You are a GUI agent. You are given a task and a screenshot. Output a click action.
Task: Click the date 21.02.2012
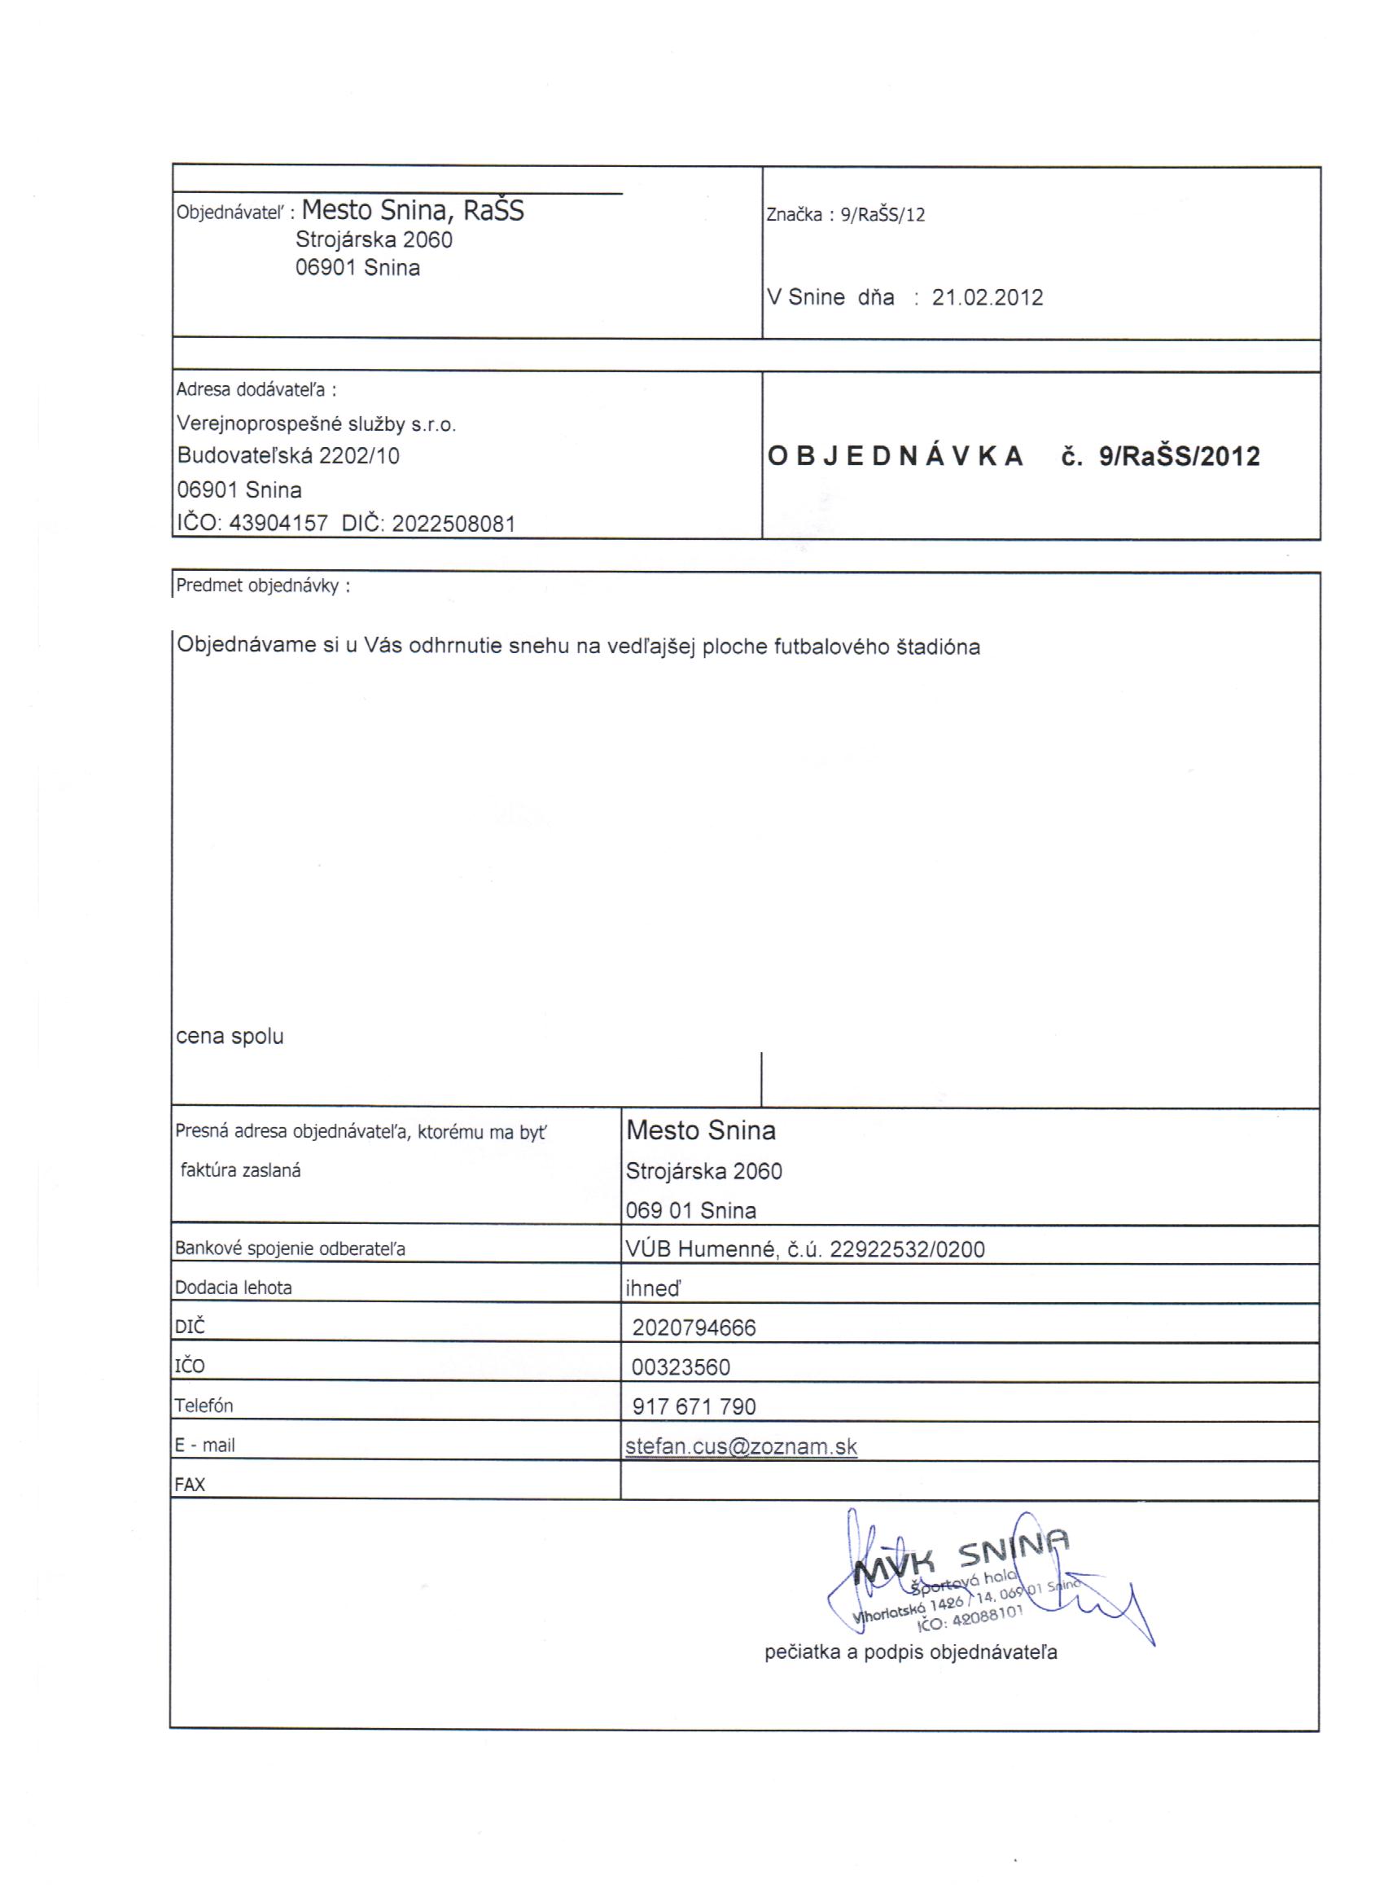tap(987, 298)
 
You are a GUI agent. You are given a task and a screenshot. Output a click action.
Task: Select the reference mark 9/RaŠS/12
tap(883, 215)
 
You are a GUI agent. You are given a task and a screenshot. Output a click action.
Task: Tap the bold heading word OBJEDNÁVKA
tap(896, 456)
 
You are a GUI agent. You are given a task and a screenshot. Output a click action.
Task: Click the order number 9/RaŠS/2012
tap(1179, 457)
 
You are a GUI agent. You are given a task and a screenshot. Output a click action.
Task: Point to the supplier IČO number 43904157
tap(278, 524)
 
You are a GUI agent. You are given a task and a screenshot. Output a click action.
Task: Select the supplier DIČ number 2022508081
tap(453, 524)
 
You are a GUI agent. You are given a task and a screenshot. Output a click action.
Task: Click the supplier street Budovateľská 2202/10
tap(288, 456)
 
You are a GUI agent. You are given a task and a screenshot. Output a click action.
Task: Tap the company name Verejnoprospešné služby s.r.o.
tap(317, 424)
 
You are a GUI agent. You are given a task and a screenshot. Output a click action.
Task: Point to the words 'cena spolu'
tap(229, 1037)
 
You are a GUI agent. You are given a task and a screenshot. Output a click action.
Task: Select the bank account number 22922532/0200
tap(906, 1249)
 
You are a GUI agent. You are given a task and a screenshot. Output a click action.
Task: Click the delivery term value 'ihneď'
tap(653, 1288)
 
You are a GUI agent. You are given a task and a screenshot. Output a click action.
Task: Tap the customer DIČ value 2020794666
tap(694, 1328)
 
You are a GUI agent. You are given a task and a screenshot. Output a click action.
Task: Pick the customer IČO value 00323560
tap(681, 1367)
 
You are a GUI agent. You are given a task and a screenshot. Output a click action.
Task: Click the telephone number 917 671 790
tap(694, 1407)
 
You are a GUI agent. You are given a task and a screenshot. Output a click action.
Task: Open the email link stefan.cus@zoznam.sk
tap(741, 1446)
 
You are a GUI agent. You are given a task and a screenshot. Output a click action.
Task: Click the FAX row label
tap(190, 1485)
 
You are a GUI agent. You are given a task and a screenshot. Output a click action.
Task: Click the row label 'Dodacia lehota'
tap(234, 1288)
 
